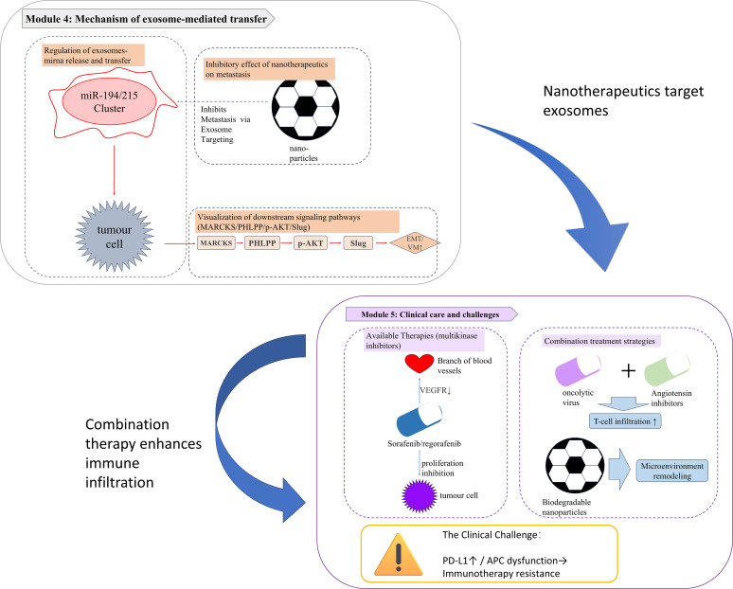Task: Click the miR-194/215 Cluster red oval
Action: (109, 102)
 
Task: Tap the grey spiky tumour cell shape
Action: (115, 237)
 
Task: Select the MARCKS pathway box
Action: (216, 243)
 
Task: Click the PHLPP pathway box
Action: (262, 243)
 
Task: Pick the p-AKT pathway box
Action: (311, 243)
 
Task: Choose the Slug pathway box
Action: (358, 243)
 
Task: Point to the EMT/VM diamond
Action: (415, 243)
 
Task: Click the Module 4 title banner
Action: (148, 19)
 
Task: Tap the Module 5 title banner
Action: (432, 314)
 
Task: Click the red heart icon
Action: (420, 364)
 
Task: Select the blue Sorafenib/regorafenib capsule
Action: (420, 419)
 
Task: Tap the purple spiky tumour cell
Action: (420, 496)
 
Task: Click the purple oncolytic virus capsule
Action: (578, 369)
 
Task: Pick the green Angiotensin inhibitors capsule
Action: (667, 369)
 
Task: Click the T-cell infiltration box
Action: (625, 421)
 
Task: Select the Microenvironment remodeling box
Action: (671, 471)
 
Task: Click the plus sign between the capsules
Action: (629, 370)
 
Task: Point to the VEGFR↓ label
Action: (436, 390)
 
